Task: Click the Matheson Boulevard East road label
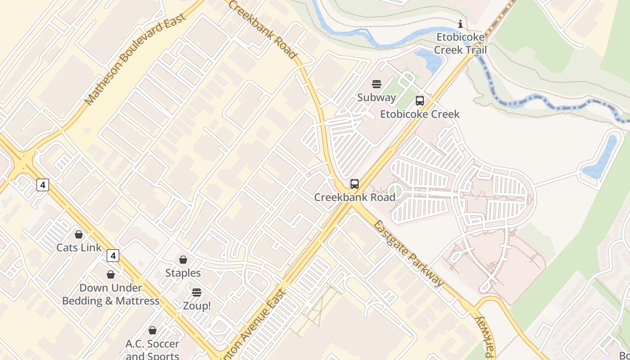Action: pyautogui.click(x=135, y=59)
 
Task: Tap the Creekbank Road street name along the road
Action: pyautogui.click(x=263, y=29)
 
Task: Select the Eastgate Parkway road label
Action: pyautogui.click(x=408, y=253)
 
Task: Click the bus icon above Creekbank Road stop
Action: pyautogui.click(x=355, y=184)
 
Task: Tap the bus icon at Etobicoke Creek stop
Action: pyautogui.click(x=420, y=101)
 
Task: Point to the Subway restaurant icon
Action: pyautogui.click(x=377, y=84)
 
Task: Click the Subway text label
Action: pyautogui.click(x=377, y=97)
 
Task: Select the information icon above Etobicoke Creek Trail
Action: pyautogui.click(x=460, y=24)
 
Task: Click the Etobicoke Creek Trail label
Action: pyautogui.click(x=460, y=43)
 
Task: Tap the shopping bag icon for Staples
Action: pyautogui.click(x=183, y=260)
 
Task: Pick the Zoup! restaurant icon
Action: pyautogui.click(x=196, y=292)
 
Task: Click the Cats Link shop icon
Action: pyautogui.click(x=79, y=234)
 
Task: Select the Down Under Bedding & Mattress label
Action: pyautogui.click(x=111, y=294)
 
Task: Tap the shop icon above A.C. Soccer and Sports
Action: pyautogui.click(x=153, y=330)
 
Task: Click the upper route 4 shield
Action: pyautogui.click(x=43, y=185)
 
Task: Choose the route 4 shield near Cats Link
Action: pyautogui.click(x=112, y=256)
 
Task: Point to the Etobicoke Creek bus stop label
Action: pyautogui.click(x=420, y=114)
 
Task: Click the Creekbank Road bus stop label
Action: pyautogui.click(x=355, y=197)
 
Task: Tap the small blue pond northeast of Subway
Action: pyautogui.click(x=429, y=61)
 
